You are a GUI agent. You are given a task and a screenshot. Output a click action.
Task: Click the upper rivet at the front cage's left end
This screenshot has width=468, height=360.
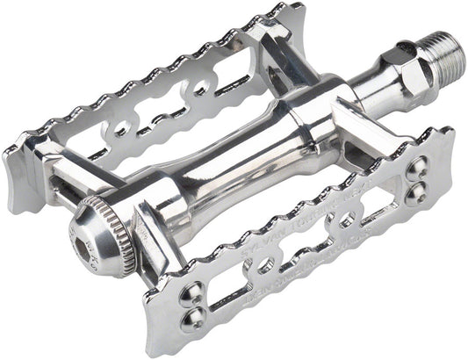click(188, 291)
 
